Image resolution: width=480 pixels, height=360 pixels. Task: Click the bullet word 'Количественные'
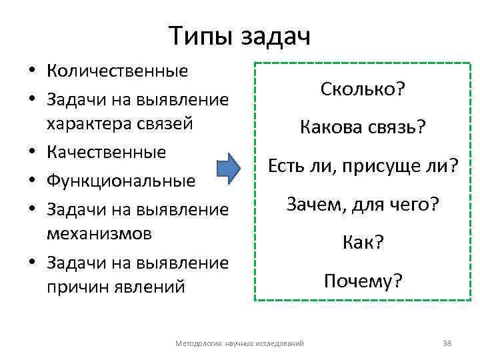tap(117, 71)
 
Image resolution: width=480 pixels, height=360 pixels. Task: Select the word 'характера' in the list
tap(86, 123)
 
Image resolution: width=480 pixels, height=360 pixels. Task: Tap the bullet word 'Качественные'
tap(106, 152)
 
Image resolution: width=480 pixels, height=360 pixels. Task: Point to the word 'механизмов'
tap(100, 233)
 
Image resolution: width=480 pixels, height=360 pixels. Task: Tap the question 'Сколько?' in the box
tap(363, 89)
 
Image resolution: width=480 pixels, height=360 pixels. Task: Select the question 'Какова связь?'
tap(363, 127)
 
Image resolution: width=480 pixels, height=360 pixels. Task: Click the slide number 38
tap(447, 343)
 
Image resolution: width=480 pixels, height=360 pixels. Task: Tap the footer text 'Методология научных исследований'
tap(239, 343)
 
